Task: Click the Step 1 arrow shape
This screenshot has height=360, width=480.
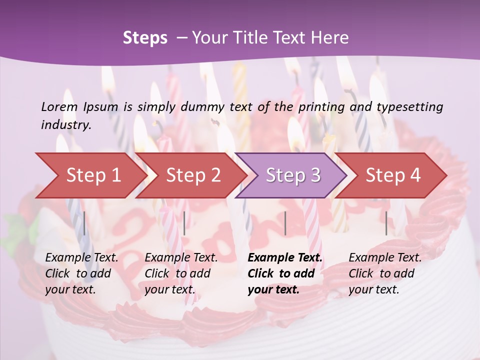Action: pos(92,175)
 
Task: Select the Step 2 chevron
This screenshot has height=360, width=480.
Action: pos(193,175)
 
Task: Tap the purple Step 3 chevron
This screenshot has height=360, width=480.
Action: pos(293,175)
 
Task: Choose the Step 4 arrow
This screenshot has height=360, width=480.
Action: pos(393,175)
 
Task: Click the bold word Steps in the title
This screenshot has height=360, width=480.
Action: pos(145,38)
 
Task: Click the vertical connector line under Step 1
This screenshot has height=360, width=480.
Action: pos(84,223)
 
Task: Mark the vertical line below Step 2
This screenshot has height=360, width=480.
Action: pos(184,223)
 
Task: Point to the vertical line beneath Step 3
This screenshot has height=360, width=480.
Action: pos(285,223)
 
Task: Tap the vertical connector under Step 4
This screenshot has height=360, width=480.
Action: pos(386,223)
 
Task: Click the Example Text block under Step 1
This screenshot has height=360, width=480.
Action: pos(81,273)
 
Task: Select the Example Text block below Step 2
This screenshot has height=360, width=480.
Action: pos(181,273)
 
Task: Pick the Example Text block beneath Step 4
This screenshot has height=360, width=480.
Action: pos(385,273)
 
